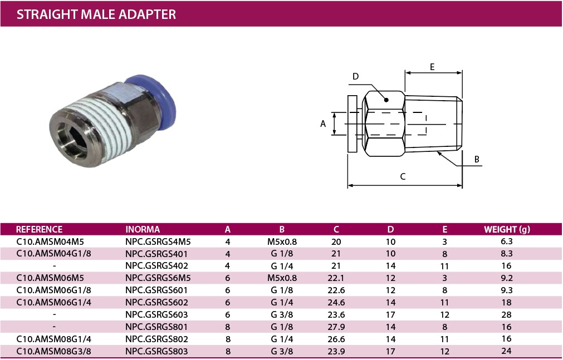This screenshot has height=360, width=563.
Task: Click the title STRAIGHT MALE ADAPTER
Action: [x=96, y=14]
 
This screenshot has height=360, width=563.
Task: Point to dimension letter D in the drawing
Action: [x=356, y=76]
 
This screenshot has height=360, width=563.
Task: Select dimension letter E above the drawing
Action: [x=432, y=67]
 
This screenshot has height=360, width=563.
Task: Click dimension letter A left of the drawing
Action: [x=323, y=124]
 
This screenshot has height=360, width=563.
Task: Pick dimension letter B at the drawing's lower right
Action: [x=477, y=160]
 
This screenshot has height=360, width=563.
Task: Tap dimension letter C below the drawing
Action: [x=403, y=176]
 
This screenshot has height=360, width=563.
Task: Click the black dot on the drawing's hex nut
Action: [x=386, y=100]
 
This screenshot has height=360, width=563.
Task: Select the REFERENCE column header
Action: [x=39, y=229]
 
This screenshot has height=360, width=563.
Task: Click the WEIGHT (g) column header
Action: [x=507, y=229]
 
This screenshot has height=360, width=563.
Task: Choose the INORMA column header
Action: [x=143, y=229]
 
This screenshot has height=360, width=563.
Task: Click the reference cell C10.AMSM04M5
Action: [x=50, y=241]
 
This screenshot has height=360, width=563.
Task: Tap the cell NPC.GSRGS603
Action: [x=156, y=314]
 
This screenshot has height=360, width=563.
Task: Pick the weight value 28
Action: [x=506, y=314]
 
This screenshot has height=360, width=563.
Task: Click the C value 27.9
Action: [x=336, y=327]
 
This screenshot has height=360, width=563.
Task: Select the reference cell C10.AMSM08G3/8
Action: [x=53, y=351]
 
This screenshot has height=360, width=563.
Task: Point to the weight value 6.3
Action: [x=506, y=241]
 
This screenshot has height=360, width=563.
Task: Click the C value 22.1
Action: [x=336, y=278]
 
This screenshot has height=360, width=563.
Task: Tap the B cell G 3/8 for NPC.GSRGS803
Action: [x=282, y=351]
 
